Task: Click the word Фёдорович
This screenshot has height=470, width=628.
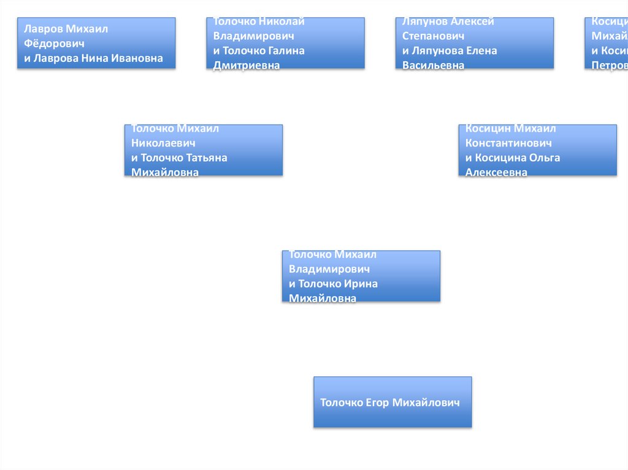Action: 54,44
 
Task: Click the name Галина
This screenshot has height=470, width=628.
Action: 285,51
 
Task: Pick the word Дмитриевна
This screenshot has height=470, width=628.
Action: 247,66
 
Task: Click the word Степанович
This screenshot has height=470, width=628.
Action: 433,36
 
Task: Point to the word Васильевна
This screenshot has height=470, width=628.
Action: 433,66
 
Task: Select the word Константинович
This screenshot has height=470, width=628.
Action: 508,143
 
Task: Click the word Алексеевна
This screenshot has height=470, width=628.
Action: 496,173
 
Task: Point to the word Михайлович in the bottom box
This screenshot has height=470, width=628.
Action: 426,403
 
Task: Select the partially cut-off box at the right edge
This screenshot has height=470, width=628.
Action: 607,43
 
